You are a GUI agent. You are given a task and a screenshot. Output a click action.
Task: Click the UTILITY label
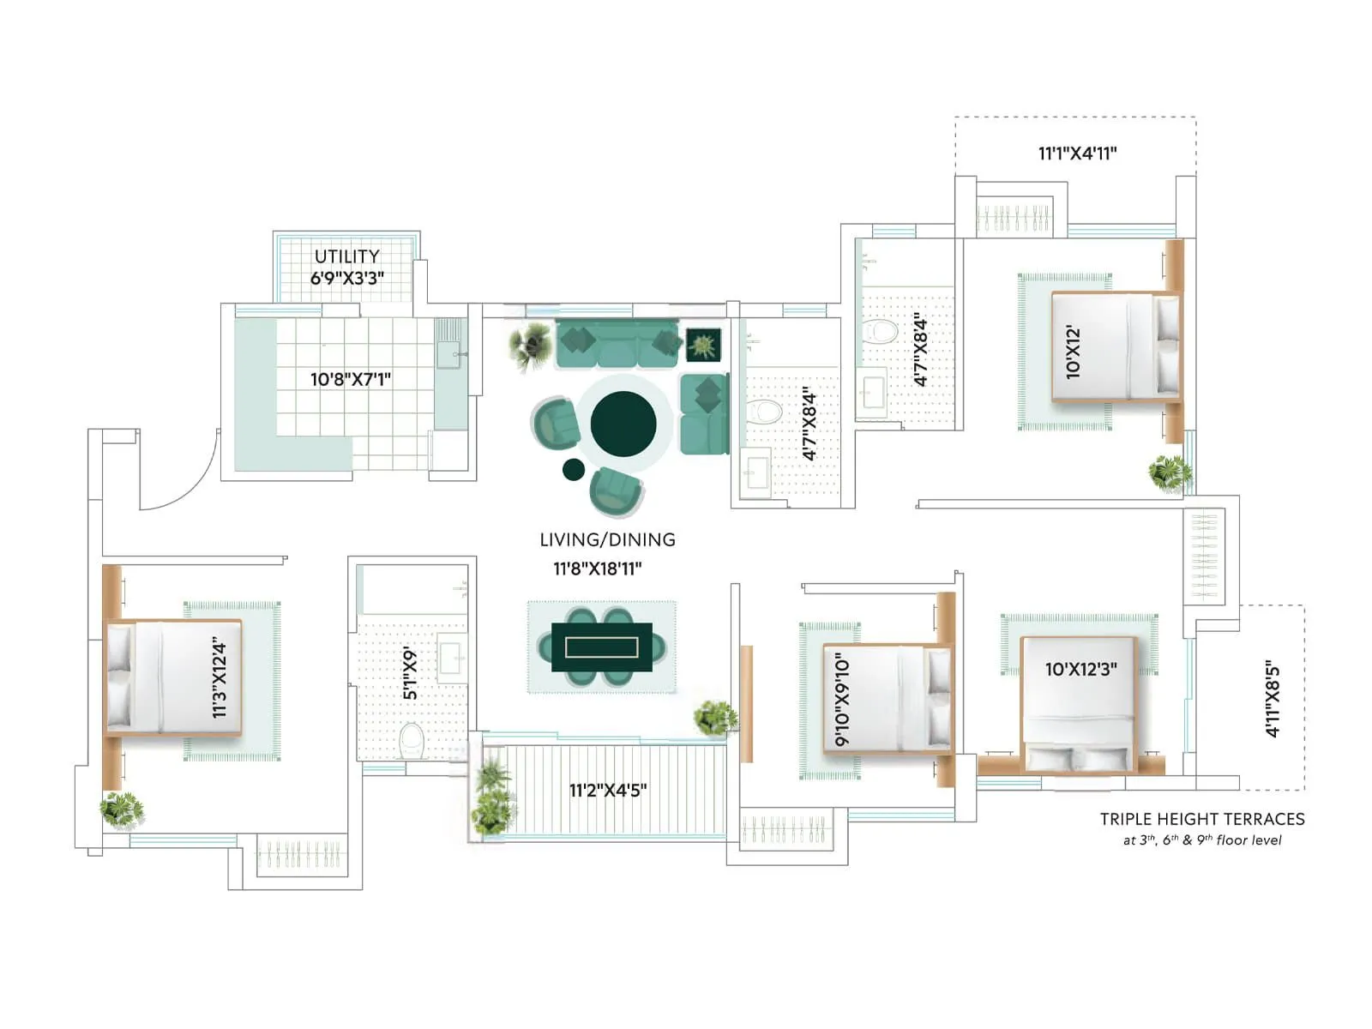point(346,256)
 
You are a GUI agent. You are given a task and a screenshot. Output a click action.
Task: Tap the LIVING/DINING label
point(607,539)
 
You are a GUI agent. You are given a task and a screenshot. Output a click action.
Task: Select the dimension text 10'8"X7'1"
point(351,379)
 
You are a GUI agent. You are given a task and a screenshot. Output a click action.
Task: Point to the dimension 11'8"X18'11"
point(598,569)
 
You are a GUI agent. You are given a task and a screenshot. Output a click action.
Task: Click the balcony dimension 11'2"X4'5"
point(608,790)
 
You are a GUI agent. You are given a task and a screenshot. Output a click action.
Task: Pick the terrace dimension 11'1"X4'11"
point(1077,153)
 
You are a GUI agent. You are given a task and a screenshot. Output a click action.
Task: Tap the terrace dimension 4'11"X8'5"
point(1273,698)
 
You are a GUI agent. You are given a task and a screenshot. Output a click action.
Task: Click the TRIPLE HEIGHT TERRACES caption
point(1202,819)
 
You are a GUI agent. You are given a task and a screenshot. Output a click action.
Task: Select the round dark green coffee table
point(623,424)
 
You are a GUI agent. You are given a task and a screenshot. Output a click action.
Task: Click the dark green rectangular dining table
point(602,647)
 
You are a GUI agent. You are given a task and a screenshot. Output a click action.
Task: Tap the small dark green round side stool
point(573,469)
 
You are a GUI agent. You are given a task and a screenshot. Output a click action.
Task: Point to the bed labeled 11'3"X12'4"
point(173,677)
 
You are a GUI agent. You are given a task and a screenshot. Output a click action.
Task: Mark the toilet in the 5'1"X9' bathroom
point(412,740)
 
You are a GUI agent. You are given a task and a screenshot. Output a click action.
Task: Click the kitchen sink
point(449,353)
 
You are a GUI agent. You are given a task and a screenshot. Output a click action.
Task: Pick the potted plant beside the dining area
point(715,718)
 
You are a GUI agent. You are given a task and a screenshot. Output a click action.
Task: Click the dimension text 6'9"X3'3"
point(346,279)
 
